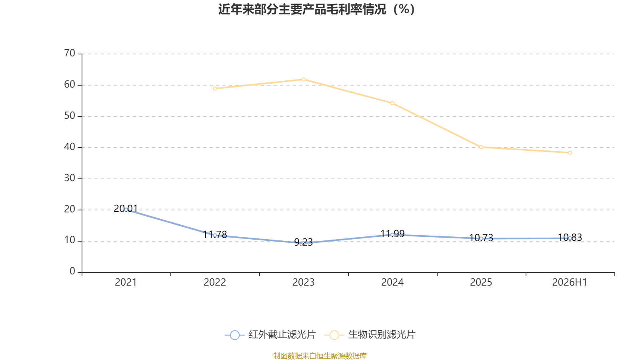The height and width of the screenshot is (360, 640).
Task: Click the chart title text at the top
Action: pos(316,10)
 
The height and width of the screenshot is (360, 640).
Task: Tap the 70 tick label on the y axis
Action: pos(70,53)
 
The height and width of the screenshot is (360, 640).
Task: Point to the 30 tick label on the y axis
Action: pos(70,178)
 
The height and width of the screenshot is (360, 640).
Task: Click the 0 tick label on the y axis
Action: pos(72,271)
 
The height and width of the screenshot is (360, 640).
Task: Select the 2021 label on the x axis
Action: pos(126,282)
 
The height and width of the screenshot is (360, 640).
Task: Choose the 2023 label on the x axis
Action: pos(304,282)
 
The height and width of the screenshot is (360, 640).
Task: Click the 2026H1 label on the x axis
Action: pos(570,282)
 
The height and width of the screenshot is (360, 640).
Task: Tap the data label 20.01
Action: pos(126,208)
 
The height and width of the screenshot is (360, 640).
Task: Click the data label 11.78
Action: pos(215,234)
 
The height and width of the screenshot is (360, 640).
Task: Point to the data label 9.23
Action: pos(304,242)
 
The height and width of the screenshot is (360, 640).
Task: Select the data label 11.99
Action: pos(392,234)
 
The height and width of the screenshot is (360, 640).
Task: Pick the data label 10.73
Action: pos(481,238)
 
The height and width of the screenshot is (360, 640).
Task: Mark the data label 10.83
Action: pos(570,238)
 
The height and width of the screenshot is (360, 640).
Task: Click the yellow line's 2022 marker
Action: pos(215,88)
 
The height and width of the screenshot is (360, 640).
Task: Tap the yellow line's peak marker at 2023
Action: pos(304,80)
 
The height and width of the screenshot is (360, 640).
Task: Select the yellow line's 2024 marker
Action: pos(392,103)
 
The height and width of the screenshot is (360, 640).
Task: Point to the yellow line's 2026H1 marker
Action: pos(570,153)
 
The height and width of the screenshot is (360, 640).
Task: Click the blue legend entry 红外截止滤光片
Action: pos(270,334)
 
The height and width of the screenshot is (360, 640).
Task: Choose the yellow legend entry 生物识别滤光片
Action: pos(370,334)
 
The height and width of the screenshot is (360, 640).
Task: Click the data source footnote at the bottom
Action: pos(320,356)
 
